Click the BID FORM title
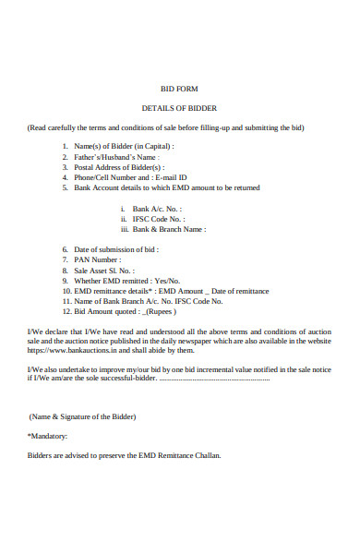tap(179, 90)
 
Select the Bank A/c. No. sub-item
tap(158, 209)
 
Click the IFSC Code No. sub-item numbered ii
tap(158, 219)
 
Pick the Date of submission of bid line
tap(116, 250)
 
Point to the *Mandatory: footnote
tap(48, 435)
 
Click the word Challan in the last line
tap(207, 455)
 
